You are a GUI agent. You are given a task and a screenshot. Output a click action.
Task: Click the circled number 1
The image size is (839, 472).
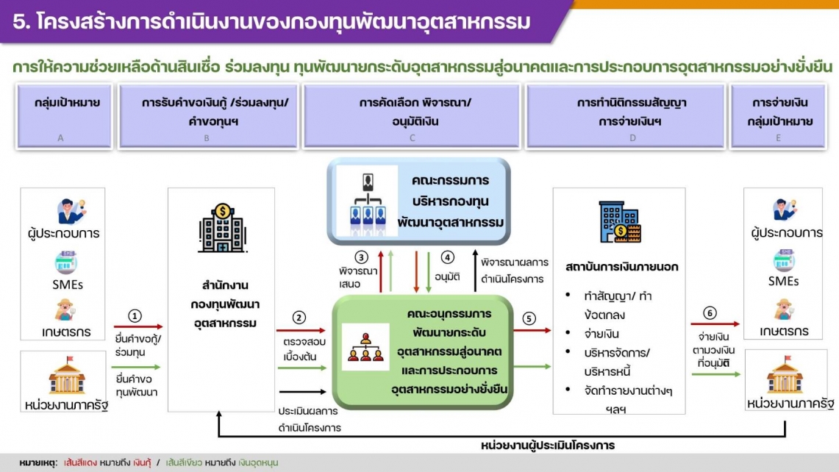pyautogui.click(x=135, y=316)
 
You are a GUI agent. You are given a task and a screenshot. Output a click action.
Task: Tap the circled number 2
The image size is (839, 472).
pyautogui.click(x=299, y=318)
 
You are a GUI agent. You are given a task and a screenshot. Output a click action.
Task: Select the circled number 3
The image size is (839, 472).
pyautogui.click(x=361, y=257)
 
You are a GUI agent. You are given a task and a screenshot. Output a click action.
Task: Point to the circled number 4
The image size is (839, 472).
pyautogui.click(x=447, y=257)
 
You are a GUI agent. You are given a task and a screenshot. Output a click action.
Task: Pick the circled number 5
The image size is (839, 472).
pyautogui.click(x=529, y=319)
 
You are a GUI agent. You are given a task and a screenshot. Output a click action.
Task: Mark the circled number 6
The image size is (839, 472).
pyautogui.click(x=710, y=313)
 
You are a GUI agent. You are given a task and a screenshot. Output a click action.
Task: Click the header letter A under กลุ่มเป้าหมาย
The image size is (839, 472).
pyautogui.click(x=60, y=138)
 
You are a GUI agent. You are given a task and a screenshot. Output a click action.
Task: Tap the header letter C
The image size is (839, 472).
pyautogui.click(x=412, y=138)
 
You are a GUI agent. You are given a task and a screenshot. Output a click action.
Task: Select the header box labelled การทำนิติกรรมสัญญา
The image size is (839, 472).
pyautogui.click(x=626, y=115)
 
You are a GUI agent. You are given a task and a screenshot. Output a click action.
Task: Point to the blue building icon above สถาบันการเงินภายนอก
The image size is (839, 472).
pyautogui.click(x=620, y=222)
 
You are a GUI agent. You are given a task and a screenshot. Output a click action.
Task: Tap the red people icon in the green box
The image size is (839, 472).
pyautogui.click(x=365, y=347)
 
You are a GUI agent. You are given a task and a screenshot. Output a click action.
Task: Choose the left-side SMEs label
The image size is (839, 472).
pyautogui.click(x=68, y=285)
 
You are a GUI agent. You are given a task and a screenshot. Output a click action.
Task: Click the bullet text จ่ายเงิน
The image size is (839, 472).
pyautogui.click(x=601, y=334)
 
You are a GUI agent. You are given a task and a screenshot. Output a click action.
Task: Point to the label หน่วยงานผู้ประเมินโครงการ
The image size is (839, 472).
pyautogui.click(x=547, y=446)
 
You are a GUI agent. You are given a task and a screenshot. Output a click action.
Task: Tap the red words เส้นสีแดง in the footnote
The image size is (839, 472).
pyautogui.click(x=80, y=462)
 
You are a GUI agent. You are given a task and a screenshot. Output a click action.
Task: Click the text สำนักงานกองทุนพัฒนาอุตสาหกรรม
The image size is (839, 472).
pyautogui.click(x=225, y=304)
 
